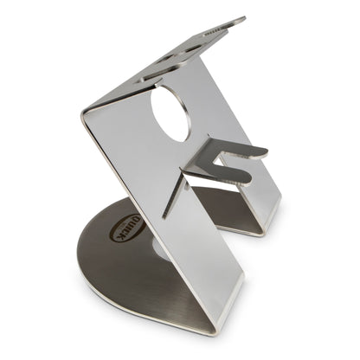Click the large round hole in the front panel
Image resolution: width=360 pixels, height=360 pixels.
pyautogui.click(x=170, y=113)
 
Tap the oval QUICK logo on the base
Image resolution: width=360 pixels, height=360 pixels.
pyautogui.click(x=127, y=229)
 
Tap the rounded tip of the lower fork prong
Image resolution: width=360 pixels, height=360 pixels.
pyautogui.click(x=247, y=179)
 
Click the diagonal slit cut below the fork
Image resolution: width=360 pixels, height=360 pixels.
pyautogui.click(x=174, y=196)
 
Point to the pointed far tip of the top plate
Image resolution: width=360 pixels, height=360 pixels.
pyautogui.click(x=245, y=18)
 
